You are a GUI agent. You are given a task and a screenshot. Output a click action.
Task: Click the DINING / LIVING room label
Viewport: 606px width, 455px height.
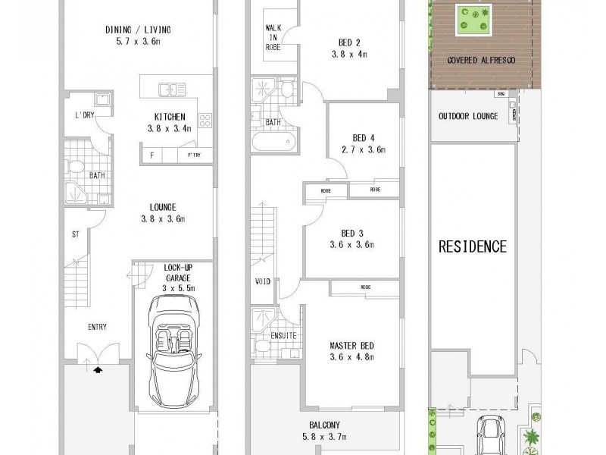[137, 30]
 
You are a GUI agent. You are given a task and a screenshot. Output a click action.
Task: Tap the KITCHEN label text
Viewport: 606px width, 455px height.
[170, 117]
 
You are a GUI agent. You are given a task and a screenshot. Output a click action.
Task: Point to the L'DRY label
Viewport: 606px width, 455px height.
[83, 115]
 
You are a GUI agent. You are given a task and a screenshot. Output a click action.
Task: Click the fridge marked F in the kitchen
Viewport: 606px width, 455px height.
[153, 155]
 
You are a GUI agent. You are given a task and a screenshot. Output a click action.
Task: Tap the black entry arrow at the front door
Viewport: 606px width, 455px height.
[97, 369]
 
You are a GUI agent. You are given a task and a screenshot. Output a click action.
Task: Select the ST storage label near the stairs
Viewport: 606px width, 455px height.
[75, 235]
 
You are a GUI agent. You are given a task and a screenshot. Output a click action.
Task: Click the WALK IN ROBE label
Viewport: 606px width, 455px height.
[273, 36]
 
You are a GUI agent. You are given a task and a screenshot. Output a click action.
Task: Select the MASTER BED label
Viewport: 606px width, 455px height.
[351, 347]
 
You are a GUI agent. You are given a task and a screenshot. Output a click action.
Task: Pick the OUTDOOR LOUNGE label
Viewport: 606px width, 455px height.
[467, 116]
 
